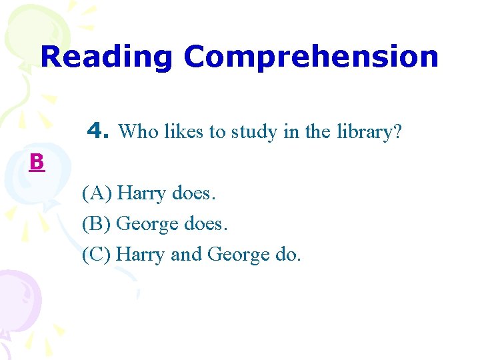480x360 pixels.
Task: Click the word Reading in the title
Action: pyautogui.click(x=107, y=57)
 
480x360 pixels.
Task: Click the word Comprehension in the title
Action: pyautogui.click(x=311, y=57)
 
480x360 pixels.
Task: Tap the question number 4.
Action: pyautogui.click(x=99, y=131)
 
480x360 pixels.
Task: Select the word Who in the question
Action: pyautogui.click(x=136, y=131)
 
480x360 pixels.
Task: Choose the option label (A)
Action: pyautogui.click(x=97, y=194)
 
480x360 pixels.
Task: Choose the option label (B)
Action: pyautogui.click(x=97, y=224)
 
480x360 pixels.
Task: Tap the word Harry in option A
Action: pyautogui.click(x=142, y=194)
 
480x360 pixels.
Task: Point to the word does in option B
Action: pyautogui.click(x=204, y=224)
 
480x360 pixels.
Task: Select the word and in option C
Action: pyautogui.click(x=187, y=254)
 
